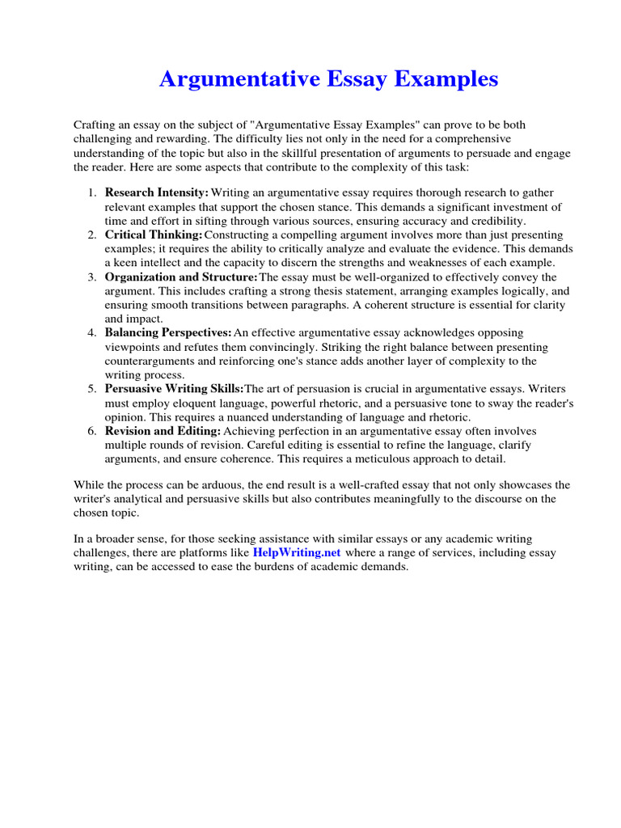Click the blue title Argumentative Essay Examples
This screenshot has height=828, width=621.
point(328,79)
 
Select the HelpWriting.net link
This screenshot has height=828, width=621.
point(297,551)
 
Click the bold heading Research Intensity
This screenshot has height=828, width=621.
point(156,192)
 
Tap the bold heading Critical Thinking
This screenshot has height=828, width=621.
point(153,234)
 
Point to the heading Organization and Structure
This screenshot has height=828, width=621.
point(180,277)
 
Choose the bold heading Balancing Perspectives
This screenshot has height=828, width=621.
point(167,333)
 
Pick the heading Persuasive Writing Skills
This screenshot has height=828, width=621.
point(173,389)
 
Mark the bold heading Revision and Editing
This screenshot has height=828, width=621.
point(161,431)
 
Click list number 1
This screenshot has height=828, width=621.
point(92,192)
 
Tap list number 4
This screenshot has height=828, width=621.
point(92,333)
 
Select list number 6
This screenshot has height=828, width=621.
point(92,431)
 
